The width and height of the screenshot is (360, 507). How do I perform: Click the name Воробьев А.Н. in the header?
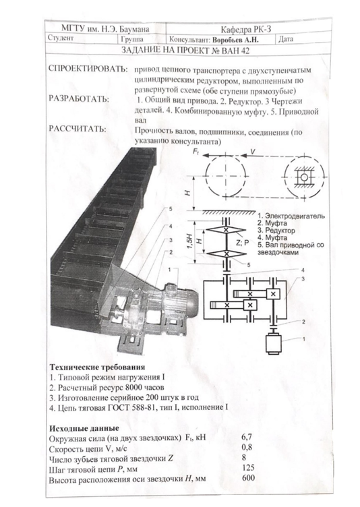click(235, 40)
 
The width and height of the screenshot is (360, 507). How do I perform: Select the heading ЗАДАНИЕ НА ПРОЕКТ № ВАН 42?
click(185, 51)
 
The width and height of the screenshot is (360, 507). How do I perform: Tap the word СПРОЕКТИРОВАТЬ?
click(88, 69)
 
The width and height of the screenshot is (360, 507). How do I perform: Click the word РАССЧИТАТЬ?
click(77, 129)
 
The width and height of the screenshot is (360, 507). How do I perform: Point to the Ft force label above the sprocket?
click(196, 151)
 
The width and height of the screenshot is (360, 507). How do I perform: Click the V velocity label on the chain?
click(253, 151)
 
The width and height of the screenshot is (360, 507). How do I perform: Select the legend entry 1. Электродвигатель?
click(291, 216)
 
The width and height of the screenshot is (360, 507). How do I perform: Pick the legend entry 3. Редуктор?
click(276, 231)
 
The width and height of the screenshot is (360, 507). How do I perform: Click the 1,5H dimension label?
click(190, 241)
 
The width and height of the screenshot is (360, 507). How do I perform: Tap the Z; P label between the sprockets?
click(243, 243)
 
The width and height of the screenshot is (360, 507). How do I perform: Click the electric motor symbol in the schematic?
click(274, 343)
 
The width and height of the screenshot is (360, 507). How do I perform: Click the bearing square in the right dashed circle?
click(304, 177)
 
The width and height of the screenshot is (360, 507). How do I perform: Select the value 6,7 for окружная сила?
click(247, 437)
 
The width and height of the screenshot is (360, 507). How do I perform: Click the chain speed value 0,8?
click(247, 448)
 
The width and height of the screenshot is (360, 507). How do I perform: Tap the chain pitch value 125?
click(248, 467)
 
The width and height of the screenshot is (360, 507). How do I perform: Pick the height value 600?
click(248, 477)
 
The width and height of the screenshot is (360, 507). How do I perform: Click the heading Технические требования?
click(97, 367)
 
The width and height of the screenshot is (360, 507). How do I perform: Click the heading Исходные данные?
click(84, 428)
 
